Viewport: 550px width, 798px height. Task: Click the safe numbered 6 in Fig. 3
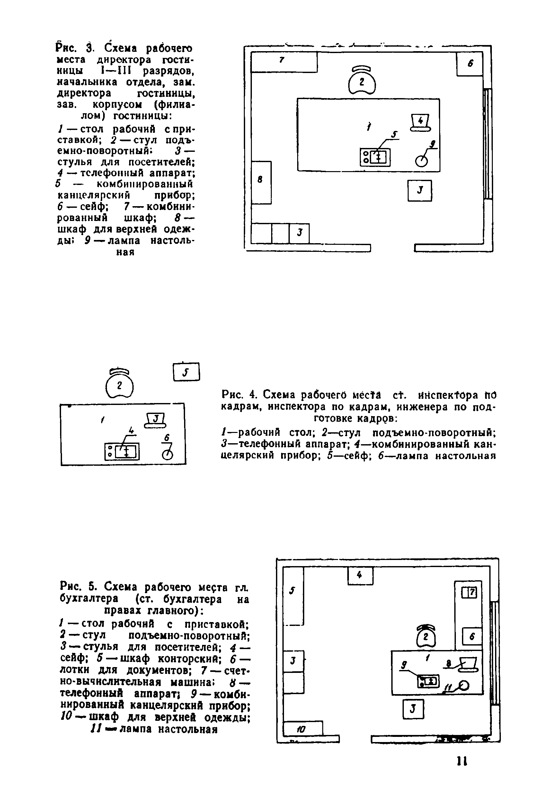469,63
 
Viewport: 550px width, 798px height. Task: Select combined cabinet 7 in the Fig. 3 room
284,62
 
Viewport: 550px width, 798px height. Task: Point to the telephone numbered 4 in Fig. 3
420,123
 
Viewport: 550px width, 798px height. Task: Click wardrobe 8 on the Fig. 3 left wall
261,182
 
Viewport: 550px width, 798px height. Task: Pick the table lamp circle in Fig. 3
421,161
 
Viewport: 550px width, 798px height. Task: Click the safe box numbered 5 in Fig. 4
186,372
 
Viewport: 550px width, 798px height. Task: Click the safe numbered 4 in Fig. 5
360,576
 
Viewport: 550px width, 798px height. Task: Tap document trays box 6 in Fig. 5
471,636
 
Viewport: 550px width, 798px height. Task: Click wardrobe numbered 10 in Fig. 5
302,729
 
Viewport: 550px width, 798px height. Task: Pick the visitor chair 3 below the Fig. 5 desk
413,709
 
